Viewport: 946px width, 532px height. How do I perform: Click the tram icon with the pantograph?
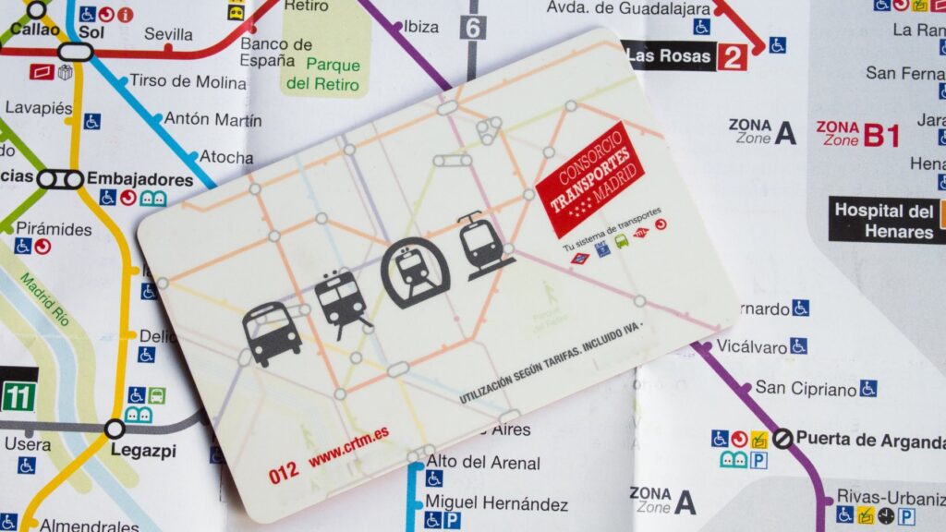click(483, 246)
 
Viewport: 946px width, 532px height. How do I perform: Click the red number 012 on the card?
click(284, 477)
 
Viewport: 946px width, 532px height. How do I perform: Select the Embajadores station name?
click(139, 179)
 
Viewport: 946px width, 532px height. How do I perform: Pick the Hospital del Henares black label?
click(884, 221)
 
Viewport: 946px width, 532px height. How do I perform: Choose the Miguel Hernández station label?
click(496, 504)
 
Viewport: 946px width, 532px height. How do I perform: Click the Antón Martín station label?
click(212, 119)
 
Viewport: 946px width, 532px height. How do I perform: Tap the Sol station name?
click(91, 30)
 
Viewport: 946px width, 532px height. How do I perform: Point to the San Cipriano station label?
click(806, 387)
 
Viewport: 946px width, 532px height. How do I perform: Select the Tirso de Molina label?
click(188, 81)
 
